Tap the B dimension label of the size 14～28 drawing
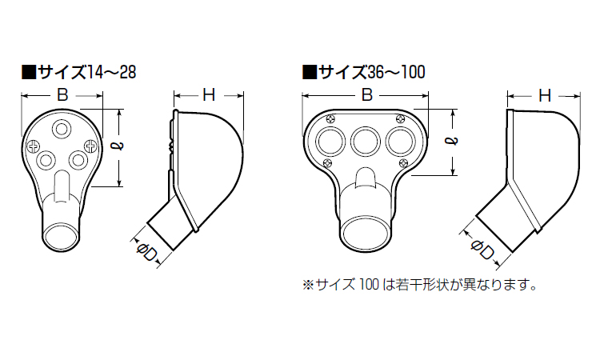[x=62, y=94]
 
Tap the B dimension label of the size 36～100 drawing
[x=366, y=94]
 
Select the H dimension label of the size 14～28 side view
[x=209, y=94]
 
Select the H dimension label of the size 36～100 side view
[x=545, y=95]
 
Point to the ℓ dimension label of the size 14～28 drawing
[x=119, y=146]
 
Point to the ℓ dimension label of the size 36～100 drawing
[x=452, y=141]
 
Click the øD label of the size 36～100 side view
[x=482, y=250]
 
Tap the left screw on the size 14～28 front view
[x=34, y=146]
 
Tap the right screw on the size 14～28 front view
[x=90, y=146]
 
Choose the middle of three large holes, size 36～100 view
[x=366, y=142]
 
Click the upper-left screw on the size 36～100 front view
[x=330, y=119]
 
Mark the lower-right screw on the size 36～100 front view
[x=403, y=163]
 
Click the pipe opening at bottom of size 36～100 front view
[x=366, y=233]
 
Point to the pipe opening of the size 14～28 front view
[x=61, y=238]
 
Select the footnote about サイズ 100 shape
[x=419, y=285]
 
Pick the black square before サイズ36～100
[x=310, y=72]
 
